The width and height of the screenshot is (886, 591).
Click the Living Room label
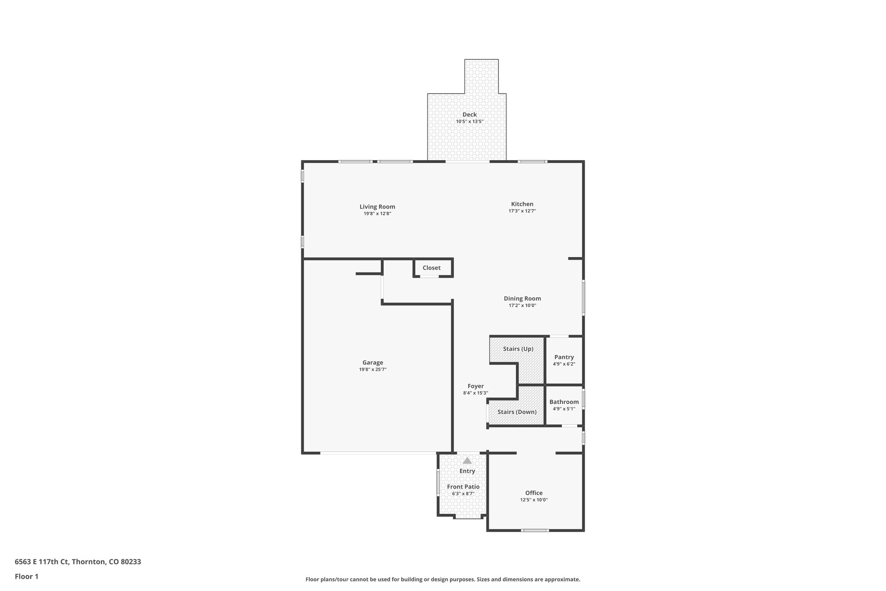(x=377, y=207)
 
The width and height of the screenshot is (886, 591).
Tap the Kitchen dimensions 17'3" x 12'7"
(x=522, y=211)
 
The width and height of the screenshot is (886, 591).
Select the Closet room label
(x=431, y=268)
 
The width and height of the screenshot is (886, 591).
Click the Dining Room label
(x=522, y=298)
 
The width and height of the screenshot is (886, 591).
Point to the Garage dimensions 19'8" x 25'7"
(x=372, y=370)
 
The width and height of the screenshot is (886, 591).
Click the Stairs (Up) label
(x=518, y=349)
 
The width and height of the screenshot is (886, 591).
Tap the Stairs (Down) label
(x=517, y=412)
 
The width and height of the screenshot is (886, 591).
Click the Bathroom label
(x=564, y=402)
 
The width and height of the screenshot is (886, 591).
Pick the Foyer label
(x=475, y=386)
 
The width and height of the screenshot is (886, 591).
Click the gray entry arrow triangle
(x=467, y=461)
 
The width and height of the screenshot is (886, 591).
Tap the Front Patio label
(x=463, y=487)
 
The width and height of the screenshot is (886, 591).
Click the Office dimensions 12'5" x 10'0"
(x=534, y=500)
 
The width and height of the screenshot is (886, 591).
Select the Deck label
(x=469, y=115)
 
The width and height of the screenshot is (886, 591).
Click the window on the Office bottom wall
(x=535, y=530)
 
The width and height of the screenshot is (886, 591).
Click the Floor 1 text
(x=26, y=576)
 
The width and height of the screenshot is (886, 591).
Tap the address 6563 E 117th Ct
(x=42, y=562)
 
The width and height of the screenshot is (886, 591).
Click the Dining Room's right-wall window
(x=583, y=297)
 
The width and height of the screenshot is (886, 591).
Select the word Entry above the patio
(x=467, y=471)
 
